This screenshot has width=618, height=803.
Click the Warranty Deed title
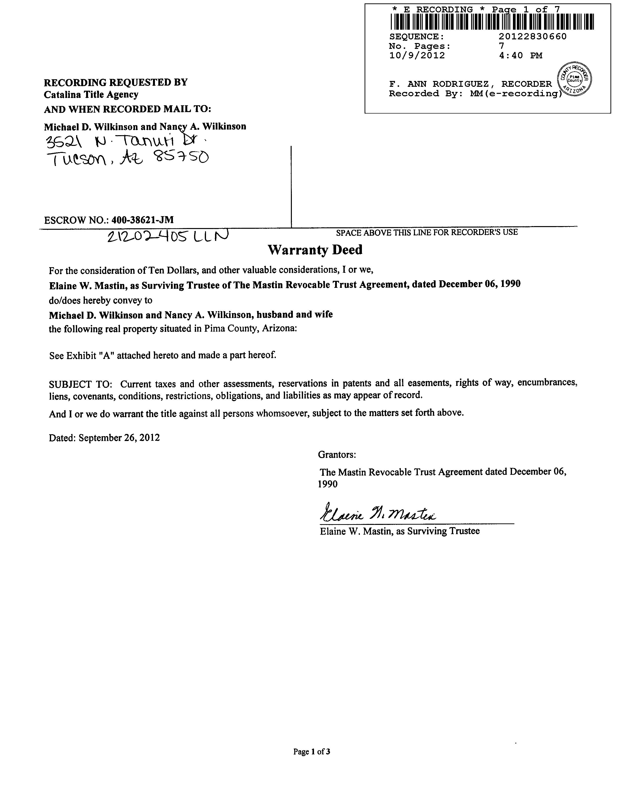tap(315, 250)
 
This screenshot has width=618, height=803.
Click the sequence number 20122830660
tap(532, 36)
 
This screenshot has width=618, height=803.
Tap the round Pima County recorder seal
tap(574, 79)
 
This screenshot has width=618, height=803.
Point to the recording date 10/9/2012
tap(417, 55)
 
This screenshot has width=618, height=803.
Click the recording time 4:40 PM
tap(520, 55)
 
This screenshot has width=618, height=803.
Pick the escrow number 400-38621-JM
tap(142, 220)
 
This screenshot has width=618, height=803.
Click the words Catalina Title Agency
tap(91, 95)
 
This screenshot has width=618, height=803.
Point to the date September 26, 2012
tap(119, 438)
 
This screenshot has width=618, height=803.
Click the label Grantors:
tap(337, 455)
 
